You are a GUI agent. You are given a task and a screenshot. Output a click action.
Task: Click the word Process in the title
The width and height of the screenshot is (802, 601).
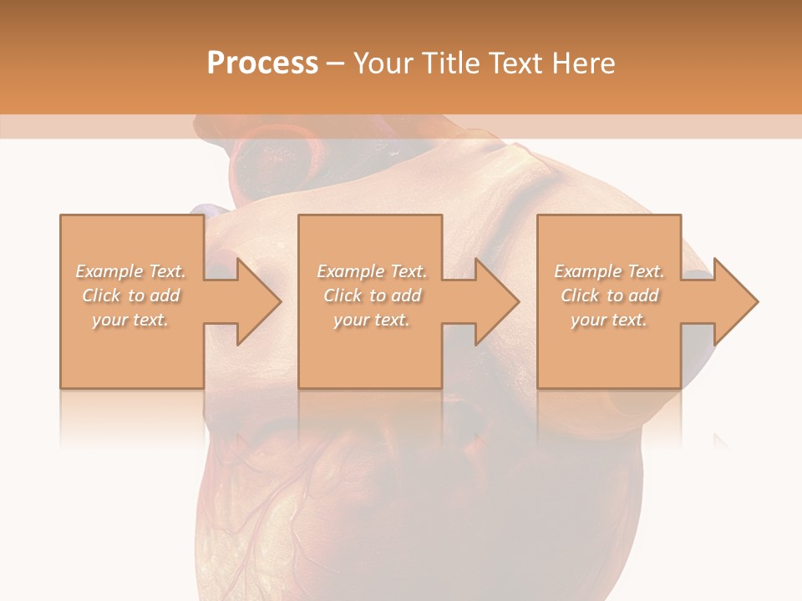pyautogui.click(x=262, y=63)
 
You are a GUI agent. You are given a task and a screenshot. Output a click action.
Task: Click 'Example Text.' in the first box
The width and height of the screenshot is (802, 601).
pyautogui.click(x=131, y=271)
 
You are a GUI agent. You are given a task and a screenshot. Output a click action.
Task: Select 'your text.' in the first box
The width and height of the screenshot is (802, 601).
pyautogui.click(x=131, y=320)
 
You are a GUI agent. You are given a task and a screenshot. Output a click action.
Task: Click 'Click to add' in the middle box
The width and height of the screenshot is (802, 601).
pyautogui.click(x=372, y=295)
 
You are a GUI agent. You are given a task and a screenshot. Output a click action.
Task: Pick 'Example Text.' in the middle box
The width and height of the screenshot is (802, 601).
pyautogui.click(x=372, y=271)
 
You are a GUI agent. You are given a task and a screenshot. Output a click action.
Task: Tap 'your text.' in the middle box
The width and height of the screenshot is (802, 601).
pyautogui.click(x=372, y=320)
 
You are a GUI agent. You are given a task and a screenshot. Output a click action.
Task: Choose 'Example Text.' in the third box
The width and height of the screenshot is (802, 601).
pyautogui.click(x=609, y=271)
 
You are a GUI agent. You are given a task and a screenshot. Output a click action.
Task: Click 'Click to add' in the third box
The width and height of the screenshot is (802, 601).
pyautogui.click(x=609, y=295)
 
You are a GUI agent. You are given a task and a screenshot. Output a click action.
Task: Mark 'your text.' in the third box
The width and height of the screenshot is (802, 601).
pyautogui.click(x=609, y=320)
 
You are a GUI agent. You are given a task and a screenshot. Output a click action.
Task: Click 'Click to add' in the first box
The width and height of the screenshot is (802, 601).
pyautogui.click(x=131, y=295)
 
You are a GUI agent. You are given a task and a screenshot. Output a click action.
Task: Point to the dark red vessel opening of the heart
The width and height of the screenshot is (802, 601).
pyautogui.click(x=276, y=159)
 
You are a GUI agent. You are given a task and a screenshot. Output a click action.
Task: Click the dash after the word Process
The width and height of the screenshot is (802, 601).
pyautogui.click(x=336, y=63)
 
